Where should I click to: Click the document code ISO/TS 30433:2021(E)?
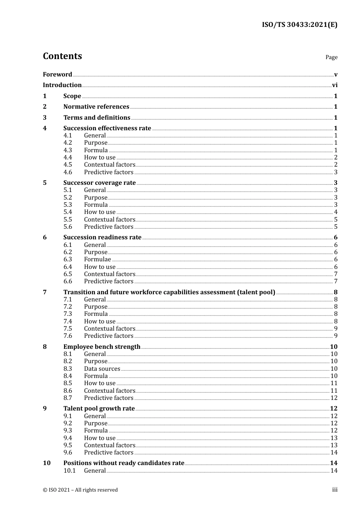[x=299, y=25]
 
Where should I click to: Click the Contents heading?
[x=62, y=56]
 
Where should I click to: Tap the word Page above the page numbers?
[x=331, y=57]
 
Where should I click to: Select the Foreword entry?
[x=57, y=75]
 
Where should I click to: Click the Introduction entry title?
[x=62, y=85]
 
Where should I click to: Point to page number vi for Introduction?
[x=335, y=85]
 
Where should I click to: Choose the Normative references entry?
[x=96, y=107]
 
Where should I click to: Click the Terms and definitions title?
[x=97, y=118]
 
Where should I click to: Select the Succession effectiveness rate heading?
[x=107, y=128]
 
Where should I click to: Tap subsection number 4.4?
[x=68, y=158]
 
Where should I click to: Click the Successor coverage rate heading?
[x=99, y=183]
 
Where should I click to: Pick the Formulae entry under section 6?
[x=97, y=259]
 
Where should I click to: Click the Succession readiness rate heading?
[x=102, y=237]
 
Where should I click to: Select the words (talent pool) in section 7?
[x=256, y=292]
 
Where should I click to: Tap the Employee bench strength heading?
[x=102, y=347]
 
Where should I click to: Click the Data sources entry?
[x=102, y=369]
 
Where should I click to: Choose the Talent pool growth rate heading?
[x=99, y=409]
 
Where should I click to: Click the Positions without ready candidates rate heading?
[x=124, y=463]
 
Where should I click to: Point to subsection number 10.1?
[x=70, y=471]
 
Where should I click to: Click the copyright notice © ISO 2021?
[x=80, y=490]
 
